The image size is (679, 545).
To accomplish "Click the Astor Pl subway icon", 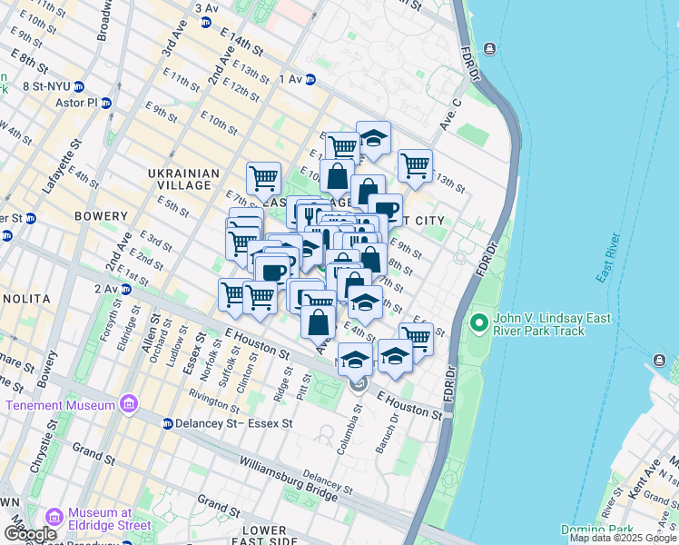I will click(106, 104).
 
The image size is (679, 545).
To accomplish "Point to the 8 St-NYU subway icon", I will click(79, 87).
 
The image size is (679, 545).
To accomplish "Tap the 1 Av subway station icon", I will click(310, 79).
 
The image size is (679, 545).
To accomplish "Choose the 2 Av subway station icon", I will click(126, 289).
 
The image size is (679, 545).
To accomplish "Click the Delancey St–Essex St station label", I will click(233, 424).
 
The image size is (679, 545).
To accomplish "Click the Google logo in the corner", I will click(30, 534).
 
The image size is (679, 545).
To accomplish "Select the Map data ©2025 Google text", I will click(623, 538).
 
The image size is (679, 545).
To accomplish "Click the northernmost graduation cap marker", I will click(373, 138).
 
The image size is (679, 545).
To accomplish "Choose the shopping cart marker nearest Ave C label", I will click(415, 165).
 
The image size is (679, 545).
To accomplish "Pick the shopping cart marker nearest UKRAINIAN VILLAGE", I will click(263, 178).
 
